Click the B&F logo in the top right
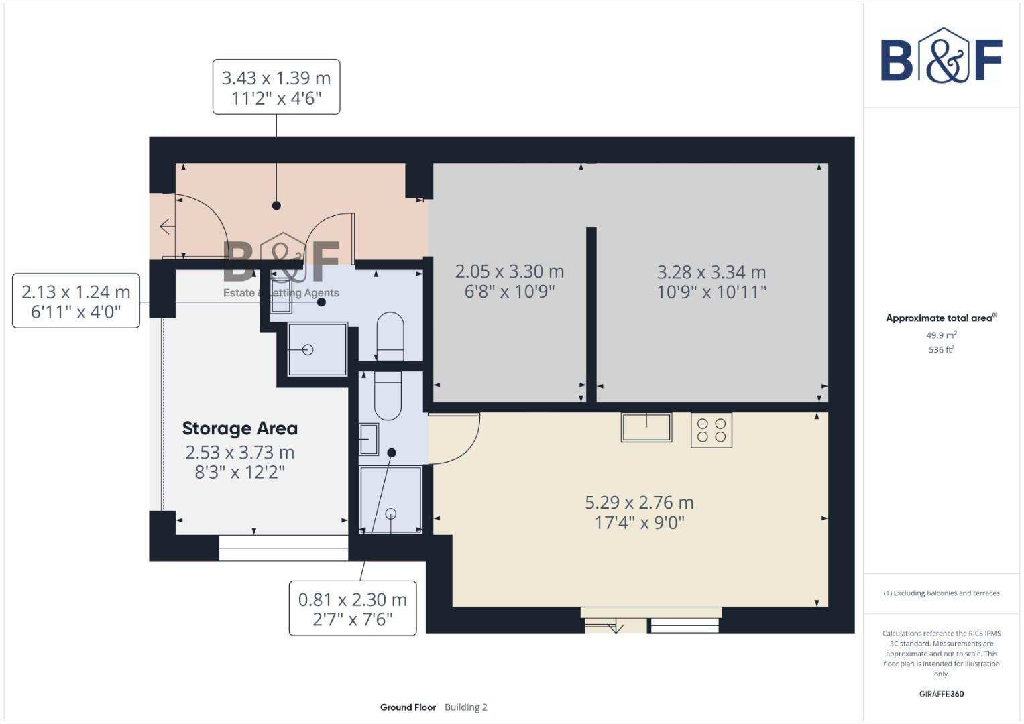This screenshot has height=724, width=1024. coord(941,56)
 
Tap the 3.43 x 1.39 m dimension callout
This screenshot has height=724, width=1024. coord(276,87)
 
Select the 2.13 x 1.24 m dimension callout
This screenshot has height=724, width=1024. coord(76,301)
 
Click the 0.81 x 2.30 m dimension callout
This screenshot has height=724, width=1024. coord(352,608)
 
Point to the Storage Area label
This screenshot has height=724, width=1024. coord(239,428)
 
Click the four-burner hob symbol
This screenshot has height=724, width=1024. coord(711,430)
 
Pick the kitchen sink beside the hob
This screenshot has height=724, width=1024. coord(646,427)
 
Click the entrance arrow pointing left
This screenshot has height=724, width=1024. coord(166,227)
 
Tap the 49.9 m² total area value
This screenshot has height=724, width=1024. coord(941,335)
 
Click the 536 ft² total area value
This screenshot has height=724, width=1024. coord(941,350)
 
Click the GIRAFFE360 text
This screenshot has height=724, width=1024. coord(941,694)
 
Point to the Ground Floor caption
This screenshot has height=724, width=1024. coord(408,707)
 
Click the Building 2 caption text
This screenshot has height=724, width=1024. coord(465,707)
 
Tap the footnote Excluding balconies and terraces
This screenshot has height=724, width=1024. coord(941,593)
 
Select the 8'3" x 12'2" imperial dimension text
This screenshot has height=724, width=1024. coord(239,473)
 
